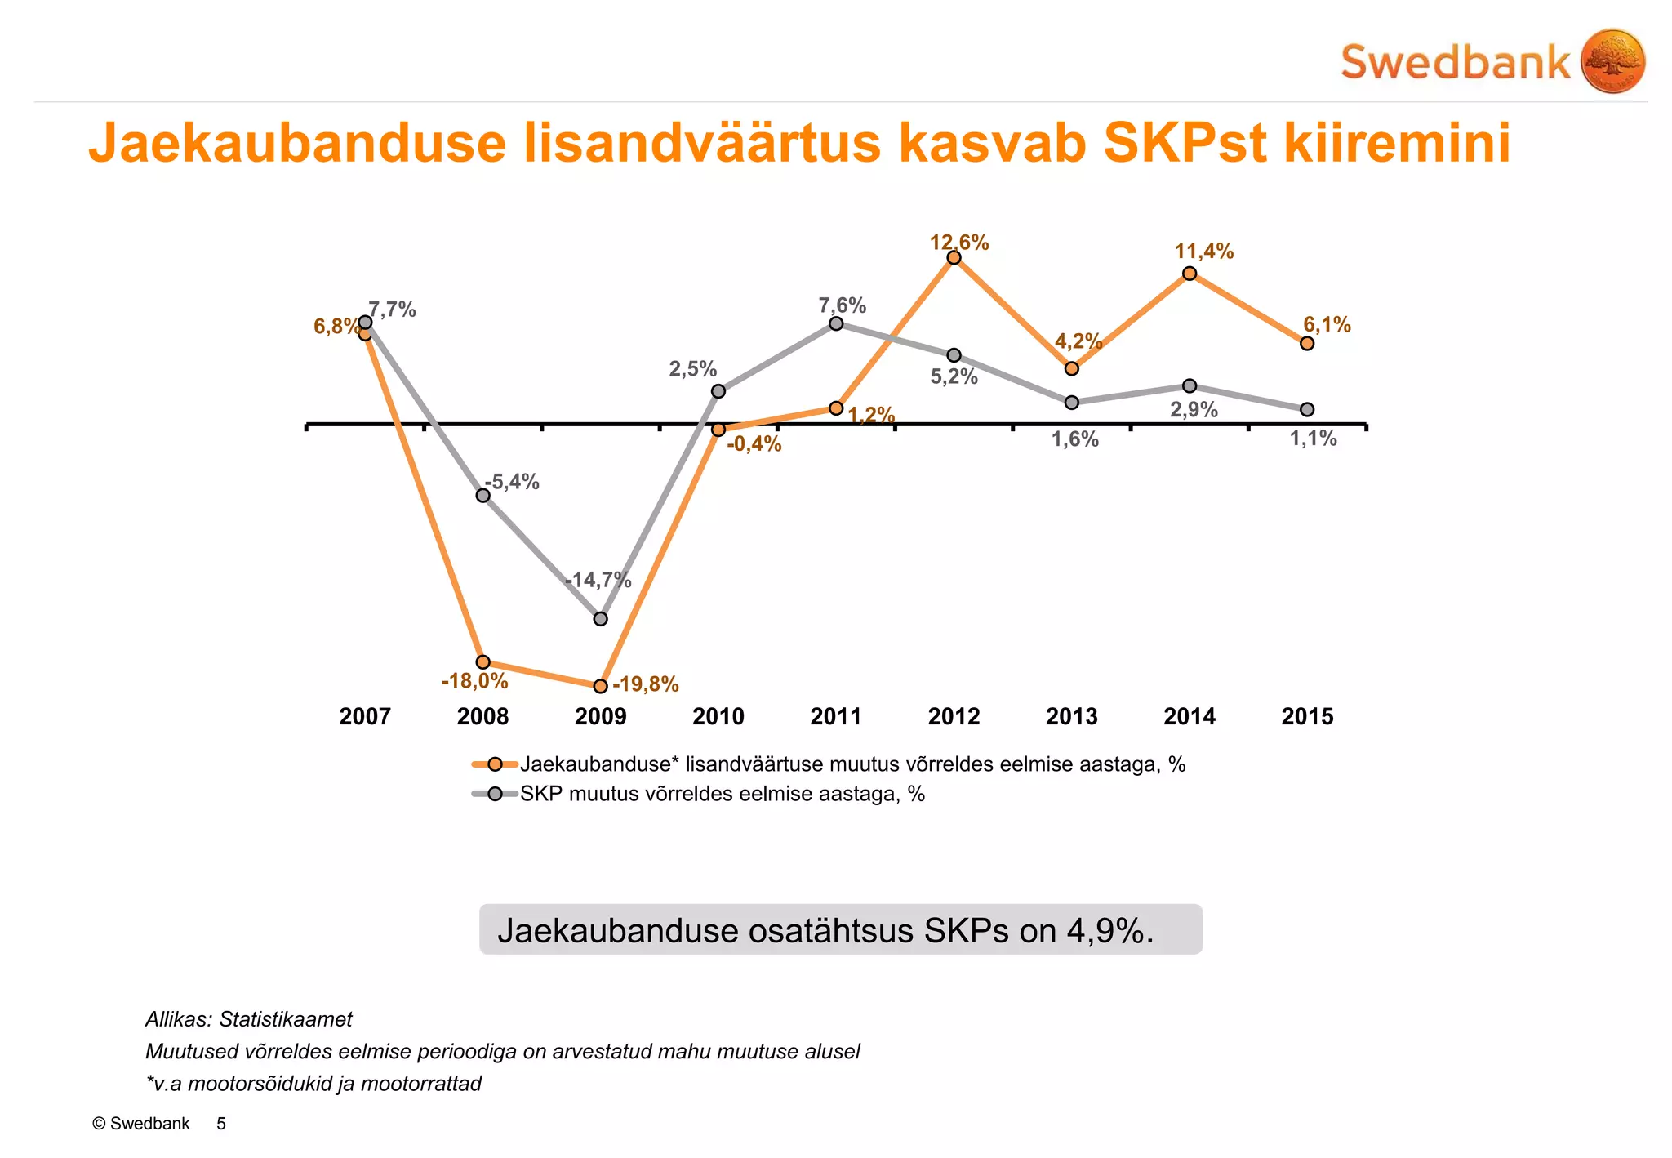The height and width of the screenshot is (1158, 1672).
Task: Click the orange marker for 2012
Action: coord(954,258)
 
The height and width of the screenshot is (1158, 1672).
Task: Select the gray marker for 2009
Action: coord(601,619)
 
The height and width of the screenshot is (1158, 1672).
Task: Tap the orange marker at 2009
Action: coord(601,686)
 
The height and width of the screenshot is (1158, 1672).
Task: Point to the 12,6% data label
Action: coord(959,242)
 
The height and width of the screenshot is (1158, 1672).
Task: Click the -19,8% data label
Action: coord(646,684)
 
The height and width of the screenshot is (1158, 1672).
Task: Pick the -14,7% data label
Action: coord(598,580)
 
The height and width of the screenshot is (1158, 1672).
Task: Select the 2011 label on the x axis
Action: coord(836,717)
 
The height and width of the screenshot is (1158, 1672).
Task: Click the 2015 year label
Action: coord(1307,717)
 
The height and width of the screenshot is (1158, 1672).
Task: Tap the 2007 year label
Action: coord(365,717)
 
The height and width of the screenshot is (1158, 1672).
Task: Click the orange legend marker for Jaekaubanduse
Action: coord(495,764)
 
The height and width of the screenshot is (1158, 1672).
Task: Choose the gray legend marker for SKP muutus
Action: coord(495,794)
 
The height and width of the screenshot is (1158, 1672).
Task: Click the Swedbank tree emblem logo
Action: coord(1612,61)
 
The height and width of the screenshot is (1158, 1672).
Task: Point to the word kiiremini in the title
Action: coord(1397,143)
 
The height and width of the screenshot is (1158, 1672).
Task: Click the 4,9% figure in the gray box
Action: coord(1109,930)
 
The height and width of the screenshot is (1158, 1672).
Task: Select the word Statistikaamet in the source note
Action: coord(286,1019)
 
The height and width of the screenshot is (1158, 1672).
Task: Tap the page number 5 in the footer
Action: coord(221,1124)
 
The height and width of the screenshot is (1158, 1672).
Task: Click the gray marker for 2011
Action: coord(836,324)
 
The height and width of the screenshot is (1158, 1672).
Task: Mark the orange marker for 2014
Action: coord(1190,274)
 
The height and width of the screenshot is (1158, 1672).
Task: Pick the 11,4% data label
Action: coord(1204,252)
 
